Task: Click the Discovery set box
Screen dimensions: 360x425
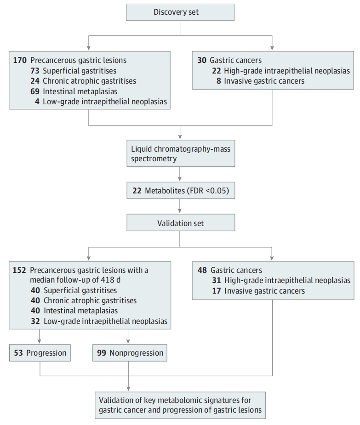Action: pyautogui.click(x=180, y=12)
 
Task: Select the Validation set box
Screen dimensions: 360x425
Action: pyautogui.click(x=181, y=222)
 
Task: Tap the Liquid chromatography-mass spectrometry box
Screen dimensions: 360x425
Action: pyautogui.click(x=181, y=153)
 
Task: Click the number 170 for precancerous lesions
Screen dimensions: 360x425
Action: pyautogui.click(x=20, y=60)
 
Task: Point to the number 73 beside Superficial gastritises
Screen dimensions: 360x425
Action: pyautogui.click(x=35, y=71)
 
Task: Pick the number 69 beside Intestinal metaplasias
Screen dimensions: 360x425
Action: pyautogui.click(x=35, y=91)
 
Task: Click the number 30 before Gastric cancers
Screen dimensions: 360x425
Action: pyautogui.click(x=202, y=60)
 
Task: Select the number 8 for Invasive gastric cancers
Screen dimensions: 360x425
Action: pyautogui.click(x=219, y=81)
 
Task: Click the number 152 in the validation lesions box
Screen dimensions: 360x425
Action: pyautogui.click(x=19, y=270)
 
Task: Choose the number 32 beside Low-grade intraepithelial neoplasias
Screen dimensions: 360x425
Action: pyautogui.click(x=35, y=321)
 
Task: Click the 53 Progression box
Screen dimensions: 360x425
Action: pyautogui.click(x=40, y=353)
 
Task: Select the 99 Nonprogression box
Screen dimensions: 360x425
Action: pyautogui.click(x=130, y=353)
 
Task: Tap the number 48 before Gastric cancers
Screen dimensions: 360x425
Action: pyautogui.click(x=202, y=270)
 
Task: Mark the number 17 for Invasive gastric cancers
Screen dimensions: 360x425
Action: pyautogui.click(x=217, y=291)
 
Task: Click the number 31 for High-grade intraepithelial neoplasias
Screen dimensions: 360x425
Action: pyautogui.click(x=217, y=280)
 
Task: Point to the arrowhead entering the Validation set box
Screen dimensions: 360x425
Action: pyautogui.click(x=180, y=211)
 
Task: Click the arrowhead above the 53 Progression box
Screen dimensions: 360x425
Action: pyautogui.click(x=40, y=341)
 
